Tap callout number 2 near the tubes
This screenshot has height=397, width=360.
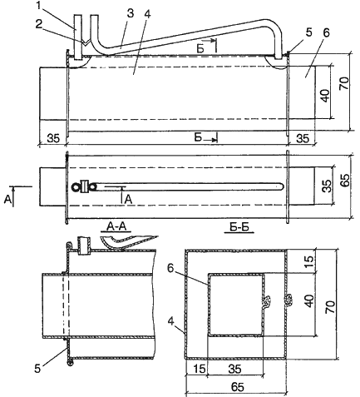39,24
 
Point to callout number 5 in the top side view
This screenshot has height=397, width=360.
308,32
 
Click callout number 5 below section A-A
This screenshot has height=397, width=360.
38,368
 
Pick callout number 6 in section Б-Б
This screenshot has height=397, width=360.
170,268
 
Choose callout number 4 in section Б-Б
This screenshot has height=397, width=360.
171,322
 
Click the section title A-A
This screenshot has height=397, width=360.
116,227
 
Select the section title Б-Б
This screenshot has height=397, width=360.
239,227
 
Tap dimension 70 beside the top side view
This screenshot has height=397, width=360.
343,83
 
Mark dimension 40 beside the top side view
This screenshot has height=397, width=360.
325,96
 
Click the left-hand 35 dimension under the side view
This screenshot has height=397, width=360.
52,138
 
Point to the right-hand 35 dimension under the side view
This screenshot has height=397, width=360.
303,138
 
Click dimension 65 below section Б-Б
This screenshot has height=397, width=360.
237,386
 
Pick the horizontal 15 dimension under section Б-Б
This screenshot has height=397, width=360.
200,369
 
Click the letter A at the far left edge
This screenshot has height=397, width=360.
7,200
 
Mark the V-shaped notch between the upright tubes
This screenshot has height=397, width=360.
86,43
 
